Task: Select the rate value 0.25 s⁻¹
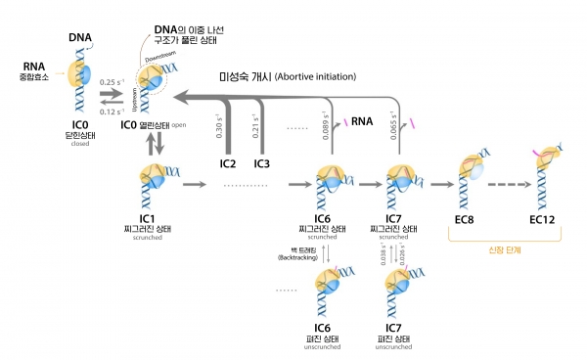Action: [x=112, y=81]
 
